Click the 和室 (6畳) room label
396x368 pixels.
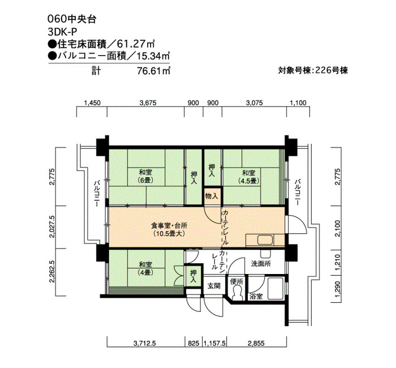tap(146, 176)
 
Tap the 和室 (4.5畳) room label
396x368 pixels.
tap(249, 177)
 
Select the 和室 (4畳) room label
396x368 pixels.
tap(146, 268)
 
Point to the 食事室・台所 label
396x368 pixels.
tap(169, 225)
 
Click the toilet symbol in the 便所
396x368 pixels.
tap(237, 292)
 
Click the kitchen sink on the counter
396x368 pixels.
tap(265, 240)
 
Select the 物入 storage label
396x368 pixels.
tap(212, 196)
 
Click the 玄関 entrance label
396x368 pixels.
tap(214, 286)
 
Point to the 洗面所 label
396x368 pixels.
tap(261, 264)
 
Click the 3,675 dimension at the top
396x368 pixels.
tap(148, 103)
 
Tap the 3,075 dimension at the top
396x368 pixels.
tap(255, 103)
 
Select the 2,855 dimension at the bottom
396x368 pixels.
tap(256, 343)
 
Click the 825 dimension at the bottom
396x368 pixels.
tap(193, 343)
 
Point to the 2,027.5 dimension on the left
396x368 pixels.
tap(52, 226)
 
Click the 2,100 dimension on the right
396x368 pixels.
tap(338, 228)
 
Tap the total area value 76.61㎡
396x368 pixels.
tap(153, 71)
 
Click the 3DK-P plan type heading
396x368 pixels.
tap(62, 32)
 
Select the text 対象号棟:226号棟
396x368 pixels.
tap(313, 70)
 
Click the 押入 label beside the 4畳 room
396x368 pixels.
tap(193, 276)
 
